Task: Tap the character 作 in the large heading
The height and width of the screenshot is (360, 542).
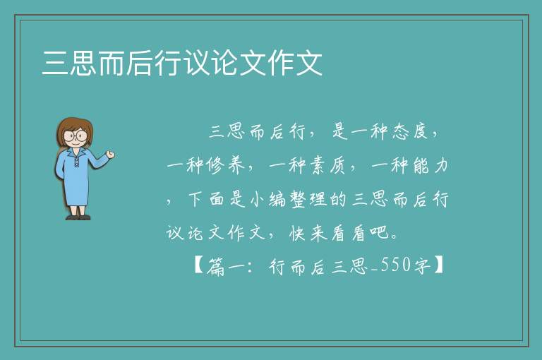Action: tap(281, 63)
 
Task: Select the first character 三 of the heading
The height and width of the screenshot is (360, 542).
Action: tap(55, 63)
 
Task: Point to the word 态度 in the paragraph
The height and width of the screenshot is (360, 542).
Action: tap(410, 131)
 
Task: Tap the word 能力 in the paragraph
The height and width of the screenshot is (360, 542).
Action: tap(430, 165)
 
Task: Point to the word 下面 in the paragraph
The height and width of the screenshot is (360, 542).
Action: tap(206, 199)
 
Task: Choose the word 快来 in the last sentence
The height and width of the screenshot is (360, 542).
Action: tap(308, 233)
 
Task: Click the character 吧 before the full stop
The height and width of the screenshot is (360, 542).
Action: tap(380, 233)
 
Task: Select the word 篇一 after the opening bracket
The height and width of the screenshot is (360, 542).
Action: tap(226, 266)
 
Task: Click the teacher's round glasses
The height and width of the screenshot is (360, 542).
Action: tap(76, 136)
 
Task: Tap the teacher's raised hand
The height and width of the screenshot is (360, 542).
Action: tap(111, 155)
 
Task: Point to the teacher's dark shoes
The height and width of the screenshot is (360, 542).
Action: tap(78, 217)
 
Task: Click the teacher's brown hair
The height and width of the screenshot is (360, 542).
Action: tap(75, 124)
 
